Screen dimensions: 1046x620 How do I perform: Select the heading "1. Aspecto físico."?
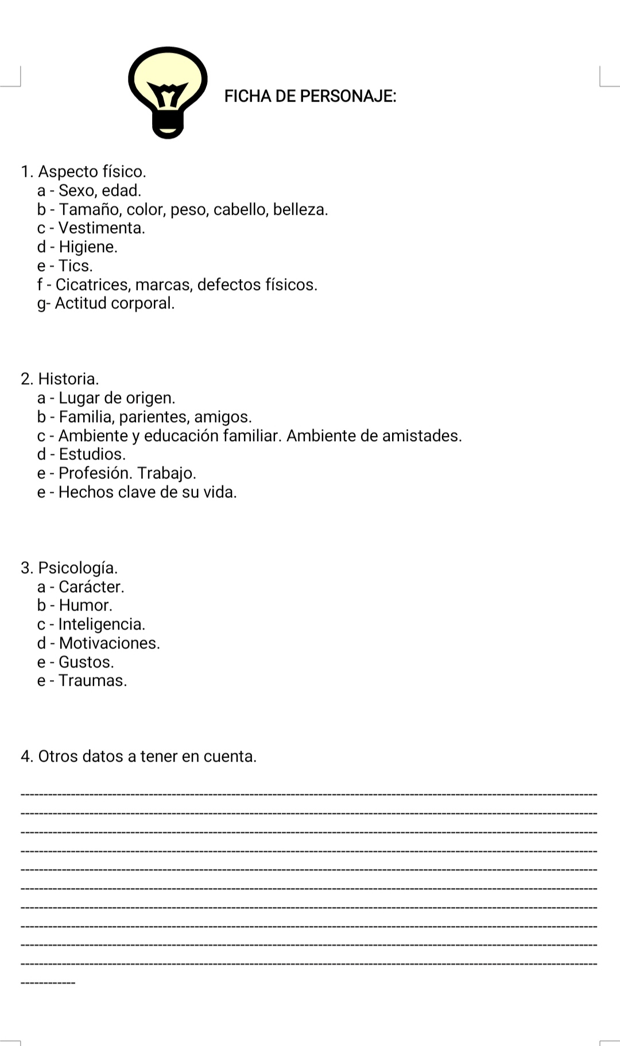pos(83,172)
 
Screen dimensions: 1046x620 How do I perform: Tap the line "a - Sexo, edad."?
pos(89,191)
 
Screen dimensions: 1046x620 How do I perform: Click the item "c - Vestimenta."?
pos(91,228)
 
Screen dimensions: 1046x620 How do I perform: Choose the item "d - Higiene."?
pos(77,247)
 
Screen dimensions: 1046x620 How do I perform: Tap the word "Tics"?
pos(74,266)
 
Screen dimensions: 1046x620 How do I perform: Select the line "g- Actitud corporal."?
pos(106,303)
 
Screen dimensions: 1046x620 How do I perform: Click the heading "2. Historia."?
pos(60,379)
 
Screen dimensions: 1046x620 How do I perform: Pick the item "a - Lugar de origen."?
pos(106,398)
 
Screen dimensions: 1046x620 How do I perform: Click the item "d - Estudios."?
pos(81,454)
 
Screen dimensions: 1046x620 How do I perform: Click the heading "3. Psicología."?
pos(69,568)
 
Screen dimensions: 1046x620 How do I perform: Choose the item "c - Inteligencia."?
pos(91,624)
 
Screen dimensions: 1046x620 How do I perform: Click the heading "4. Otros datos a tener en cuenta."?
pos(138,756)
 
